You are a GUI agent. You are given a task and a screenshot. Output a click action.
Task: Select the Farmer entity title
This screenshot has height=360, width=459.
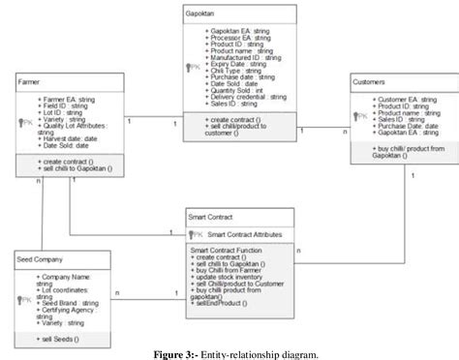[30, 83]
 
